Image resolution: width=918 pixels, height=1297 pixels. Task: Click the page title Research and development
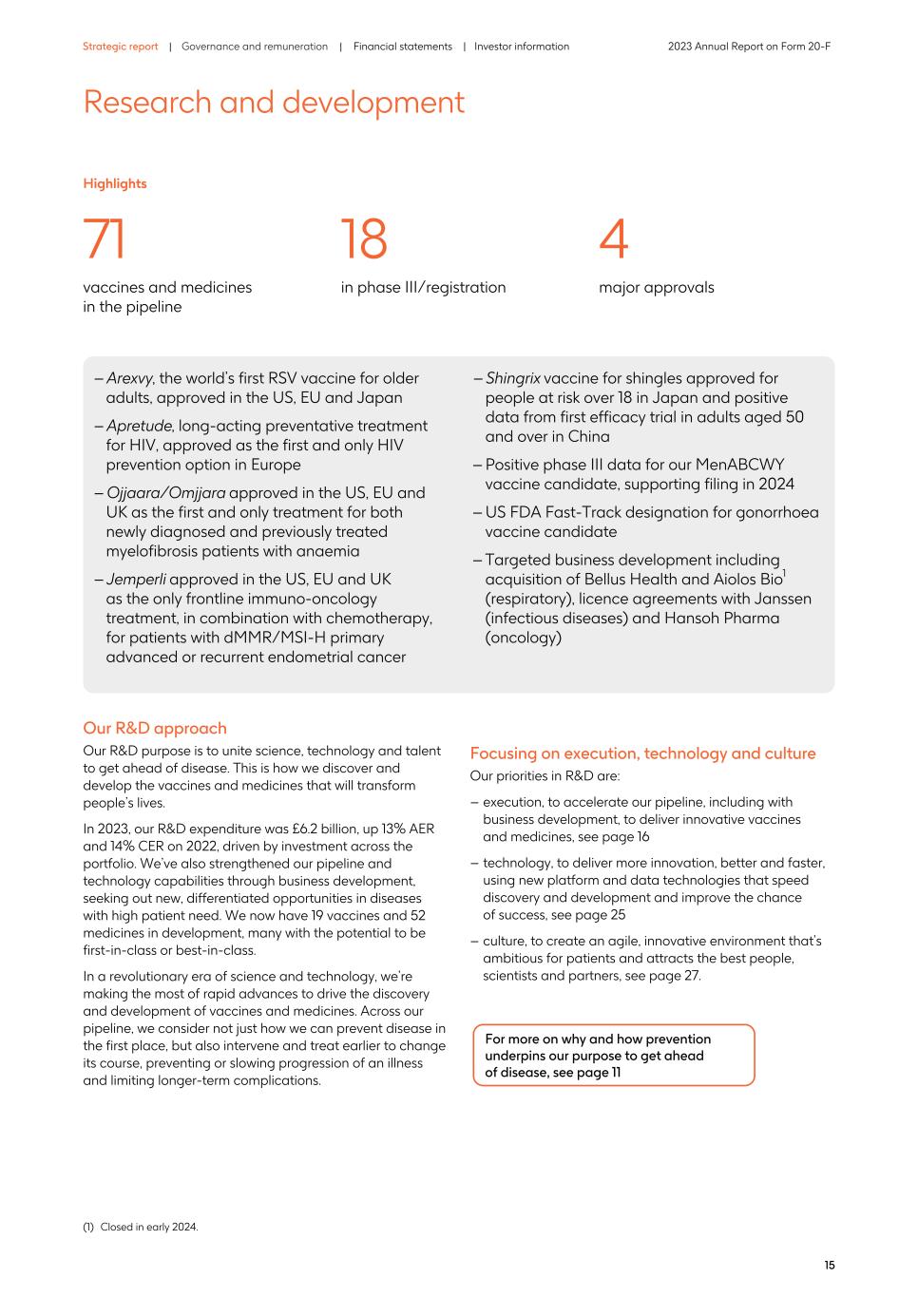click(274, 103)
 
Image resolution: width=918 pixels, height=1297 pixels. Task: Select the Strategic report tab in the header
click(120, 47)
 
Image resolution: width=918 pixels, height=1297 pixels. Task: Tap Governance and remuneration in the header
click(254, 47)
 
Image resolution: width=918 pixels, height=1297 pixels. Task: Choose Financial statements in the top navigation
click(402, 47)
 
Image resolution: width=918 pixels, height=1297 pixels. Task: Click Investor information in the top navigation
click(522, 47)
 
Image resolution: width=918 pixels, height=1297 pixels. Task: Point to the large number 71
click(105, 239)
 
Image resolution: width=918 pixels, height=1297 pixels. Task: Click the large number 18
click(364, 239)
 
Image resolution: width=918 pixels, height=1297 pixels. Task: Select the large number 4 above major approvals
click(614, 239)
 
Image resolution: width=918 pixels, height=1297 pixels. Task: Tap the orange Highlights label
click(115, 183)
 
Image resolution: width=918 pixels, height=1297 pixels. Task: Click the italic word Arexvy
click(130, 378)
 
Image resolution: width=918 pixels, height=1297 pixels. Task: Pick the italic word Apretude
click(139, 426)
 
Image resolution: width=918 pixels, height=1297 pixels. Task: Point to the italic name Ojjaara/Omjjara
click(165, 492)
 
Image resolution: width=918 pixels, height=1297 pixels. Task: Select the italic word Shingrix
click(512, 378)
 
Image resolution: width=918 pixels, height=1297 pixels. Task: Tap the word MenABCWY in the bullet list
click(739, 465)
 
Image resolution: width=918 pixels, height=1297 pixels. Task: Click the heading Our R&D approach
click(155, 728)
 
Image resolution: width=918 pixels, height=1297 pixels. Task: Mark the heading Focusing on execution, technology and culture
click(642, 753)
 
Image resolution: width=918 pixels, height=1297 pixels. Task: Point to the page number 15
click(829, 1265)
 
